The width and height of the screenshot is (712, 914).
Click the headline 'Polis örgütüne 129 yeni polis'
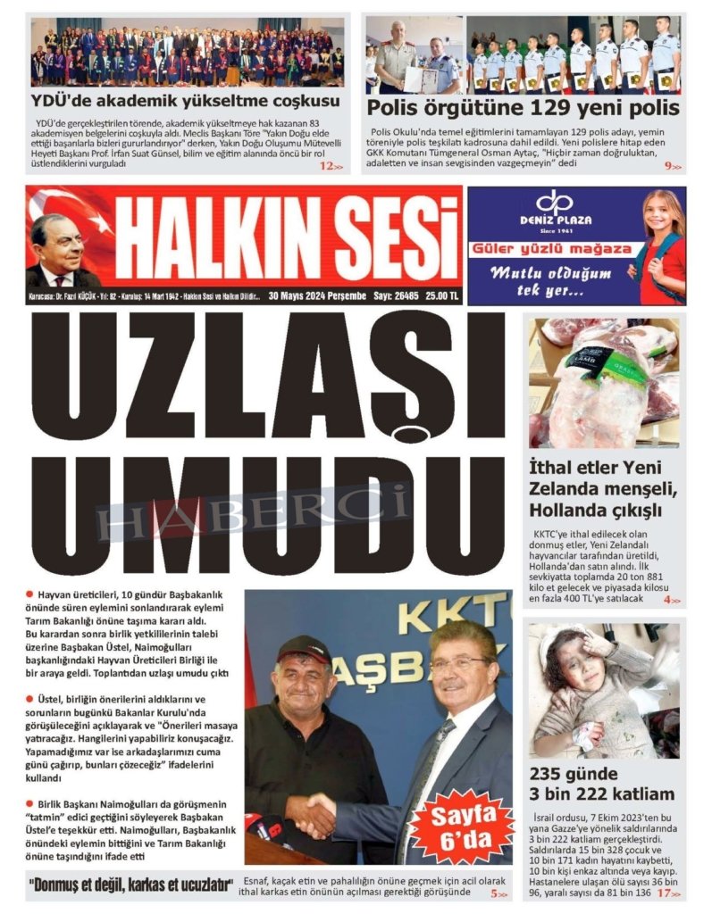coord(524,109)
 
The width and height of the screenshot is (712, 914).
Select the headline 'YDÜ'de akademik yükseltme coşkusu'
coord(185,101)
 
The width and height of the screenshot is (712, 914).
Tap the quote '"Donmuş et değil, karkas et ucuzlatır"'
coord(136,886)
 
